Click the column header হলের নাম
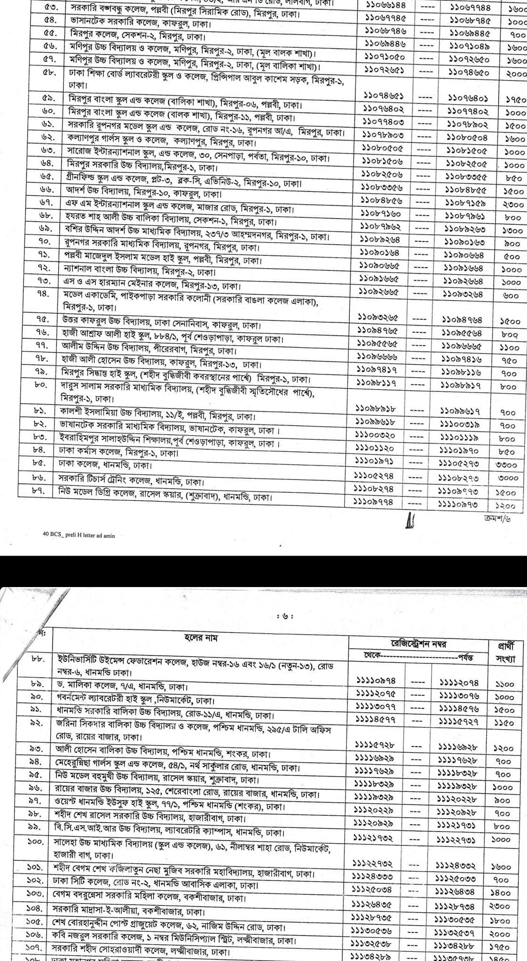(x=200, y=638)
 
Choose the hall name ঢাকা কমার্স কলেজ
(x=118, y=453)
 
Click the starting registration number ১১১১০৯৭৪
(x=376, y=681)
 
